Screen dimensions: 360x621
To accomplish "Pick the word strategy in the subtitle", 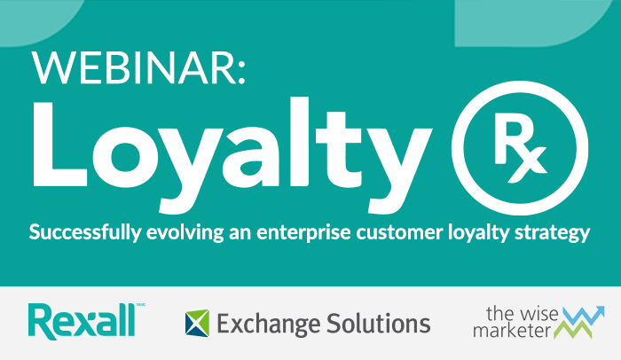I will tap(554, 234).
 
